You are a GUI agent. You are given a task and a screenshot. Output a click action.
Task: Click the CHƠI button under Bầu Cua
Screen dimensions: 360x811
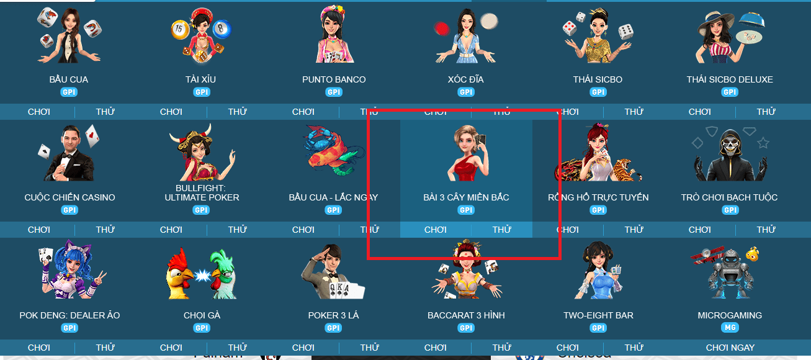[39, 112]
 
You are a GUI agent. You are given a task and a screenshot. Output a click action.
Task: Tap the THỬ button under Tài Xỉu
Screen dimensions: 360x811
[237, 112]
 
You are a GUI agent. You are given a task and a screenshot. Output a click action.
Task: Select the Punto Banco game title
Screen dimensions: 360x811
[334, 79]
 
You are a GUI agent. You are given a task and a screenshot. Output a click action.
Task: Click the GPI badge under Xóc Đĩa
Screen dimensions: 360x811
[466, 92]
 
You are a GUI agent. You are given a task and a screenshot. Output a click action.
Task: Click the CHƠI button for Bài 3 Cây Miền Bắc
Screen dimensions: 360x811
[436, 230]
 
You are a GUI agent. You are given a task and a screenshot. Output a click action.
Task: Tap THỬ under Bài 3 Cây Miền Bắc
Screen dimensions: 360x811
[501, 230]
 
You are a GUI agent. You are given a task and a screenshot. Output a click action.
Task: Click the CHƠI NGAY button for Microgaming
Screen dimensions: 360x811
[730, 348]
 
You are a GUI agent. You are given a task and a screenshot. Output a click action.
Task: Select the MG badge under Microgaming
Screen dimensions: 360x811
[730, 328]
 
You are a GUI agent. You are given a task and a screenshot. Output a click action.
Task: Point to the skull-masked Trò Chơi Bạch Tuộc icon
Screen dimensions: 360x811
[730, 155]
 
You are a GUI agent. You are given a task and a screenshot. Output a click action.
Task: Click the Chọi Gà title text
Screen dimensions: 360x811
[202, 315]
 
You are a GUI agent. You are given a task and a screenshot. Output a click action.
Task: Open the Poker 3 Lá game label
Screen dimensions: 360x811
[334, 315]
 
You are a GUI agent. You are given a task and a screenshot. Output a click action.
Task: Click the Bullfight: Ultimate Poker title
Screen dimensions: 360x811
[202, 192]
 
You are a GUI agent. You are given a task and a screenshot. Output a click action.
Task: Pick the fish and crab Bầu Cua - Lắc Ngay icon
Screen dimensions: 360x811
[334, 152]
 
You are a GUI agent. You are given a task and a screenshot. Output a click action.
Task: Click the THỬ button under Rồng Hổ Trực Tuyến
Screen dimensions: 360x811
[634, 230]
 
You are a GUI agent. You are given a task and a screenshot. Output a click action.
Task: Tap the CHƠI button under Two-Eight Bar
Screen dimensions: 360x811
[568, 348]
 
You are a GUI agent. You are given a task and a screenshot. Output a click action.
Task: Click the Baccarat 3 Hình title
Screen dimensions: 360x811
[466, 315]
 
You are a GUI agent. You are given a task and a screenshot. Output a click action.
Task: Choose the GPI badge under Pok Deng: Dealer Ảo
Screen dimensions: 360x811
[69, 328]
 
